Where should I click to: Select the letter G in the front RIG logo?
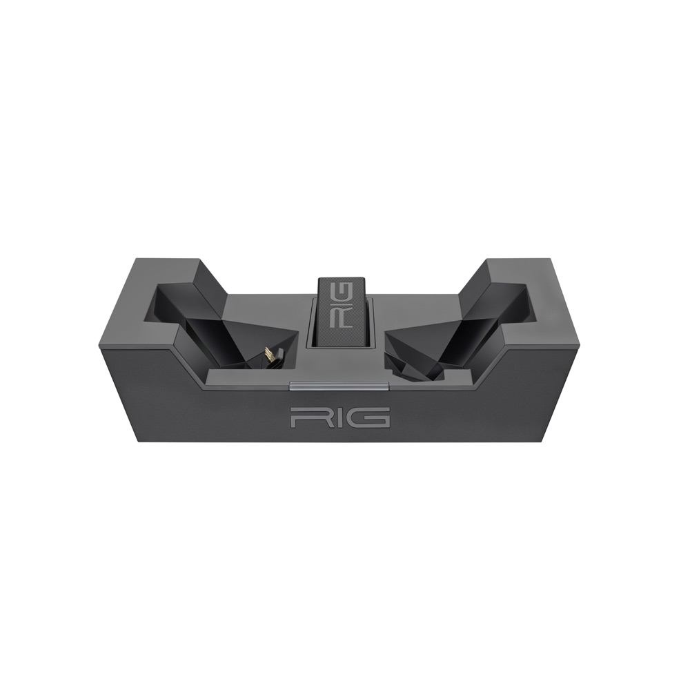pyautogui.click(x=373, y=417)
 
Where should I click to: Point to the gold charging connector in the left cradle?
pyautogui.click(x=270, y=357)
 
